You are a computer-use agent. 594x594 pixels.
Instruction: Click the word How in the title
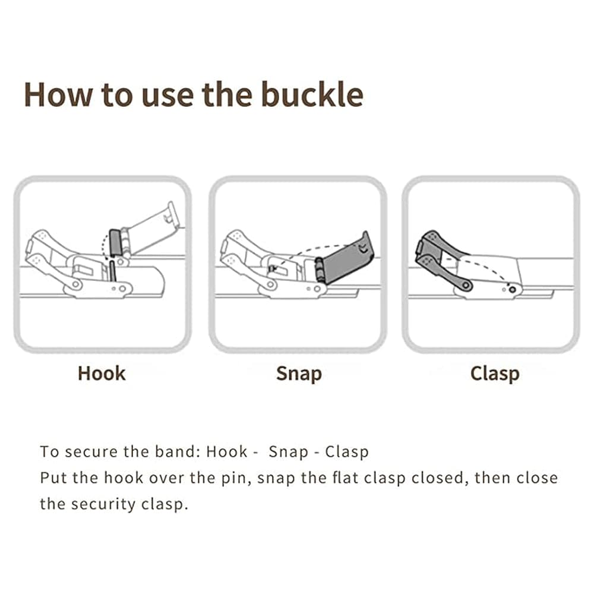[58, 94]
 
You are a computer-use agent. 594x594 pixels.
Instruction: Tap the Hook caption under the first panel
[102, 374]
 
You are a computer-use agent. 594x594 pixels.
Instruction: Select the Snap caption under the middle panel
[299, 374]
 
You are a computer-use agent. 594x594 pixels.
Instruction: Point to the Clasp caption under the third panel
[495, 374]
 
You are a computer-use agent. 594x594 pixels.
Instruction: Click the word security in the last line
[103, 504]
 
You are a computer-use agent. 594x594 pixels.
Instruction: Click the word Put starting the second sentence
[53, 478]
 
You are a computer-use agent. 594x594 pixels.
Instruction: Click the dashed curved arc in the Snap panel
[303, 251]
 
